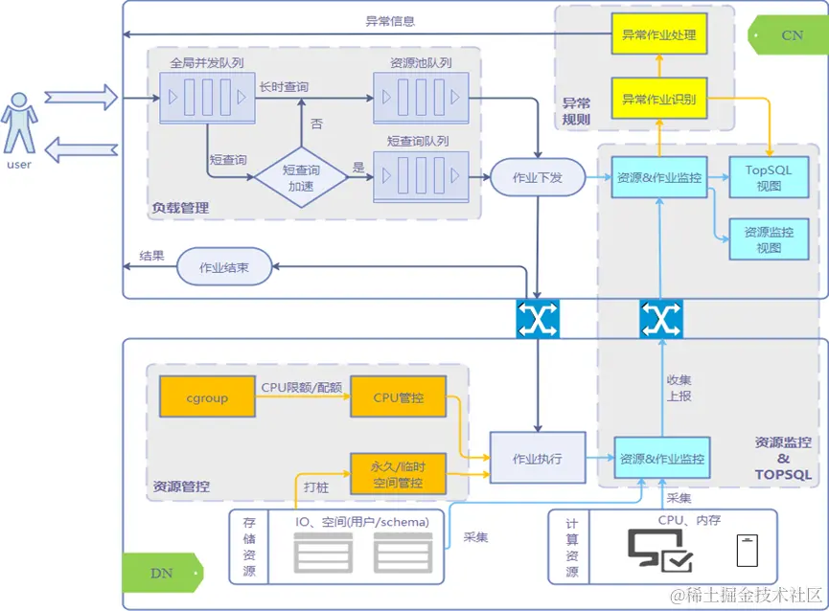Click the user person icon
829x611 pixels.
[x=18, y=123]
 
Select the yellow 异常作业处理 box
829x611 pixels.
[x=658, y=36]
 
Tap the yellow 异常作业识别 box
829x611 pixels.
[x=658, y=99]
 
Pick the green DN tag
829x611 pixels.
[x=161, y=574]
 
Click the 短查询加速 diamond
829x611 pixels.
[x=300, y=176]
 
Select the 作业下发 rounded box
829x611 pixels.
[x=537, y=177]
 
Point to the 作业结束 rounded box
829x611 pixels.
[x=223, y=268]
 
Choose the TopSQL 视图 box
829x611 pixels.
[x=769, y=177]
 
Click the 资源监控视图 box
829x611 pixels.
[x=769, y=239]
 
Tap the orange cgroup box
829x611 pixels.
[x=207, y=397]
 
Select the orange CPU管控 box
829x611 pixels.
[x=398, y=397]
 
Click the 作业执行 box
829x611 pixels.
[x=537, y=458]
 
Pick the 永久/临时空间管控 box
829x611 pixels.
[x=398, y=474]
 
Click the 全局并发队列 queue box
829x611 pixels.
[x=207, y=98]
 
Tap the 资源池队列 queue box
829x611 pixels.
[x=421, y=98]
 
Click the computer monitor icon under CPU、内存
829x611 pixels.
[x=660, y=551]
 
